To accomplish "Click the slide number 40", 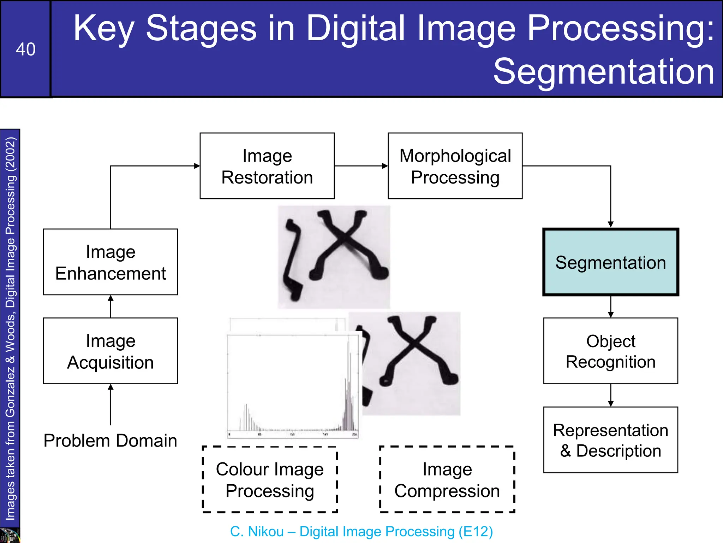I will [25, 49].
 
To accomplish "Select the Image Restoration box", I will [267, 166].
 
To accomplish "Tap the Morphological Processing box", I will [455, 166].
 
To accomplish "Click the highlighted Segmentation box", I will [610, 262].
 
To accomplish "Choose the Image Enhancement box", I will [110, 262].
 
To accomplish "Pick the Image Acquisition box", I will [110, 351].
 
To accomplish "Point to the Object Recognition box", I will [610, 351].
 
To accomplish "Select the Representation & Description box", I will [610, 440].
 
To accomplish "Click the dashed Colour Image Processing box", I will [270, 479].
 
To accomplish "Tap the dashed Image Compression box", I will [447, 479].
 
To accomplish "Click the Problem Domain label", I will [110, 440].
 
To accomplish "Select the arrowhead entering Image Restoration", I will [197, 166].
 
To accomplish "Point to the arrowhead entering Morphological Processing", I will [385, 166].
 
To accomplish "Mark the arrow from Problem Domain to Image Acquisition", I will [110, 404].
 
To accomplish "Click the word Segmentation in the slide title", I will [604, 71].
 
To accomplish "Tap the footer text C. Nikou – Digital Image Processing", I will [361, 531].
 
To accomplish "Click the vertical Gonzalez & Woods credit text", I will [10, 329].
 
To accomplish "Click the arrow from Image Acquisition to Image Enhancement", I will [110, 306].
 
